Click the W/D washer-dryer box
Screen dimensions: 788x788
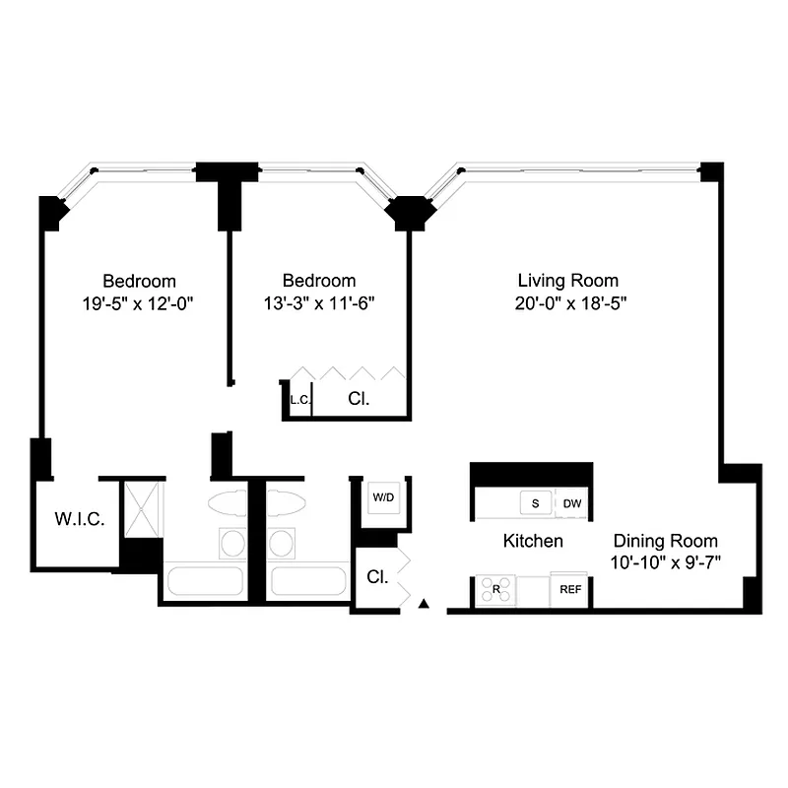pyautogui.click(x=382, y=498)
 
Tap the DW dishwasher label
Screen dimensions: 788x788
pyautogui.click(x=572, y=504)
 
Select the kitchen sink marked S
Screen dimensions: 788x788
pyautogui.click(x=536, y=504)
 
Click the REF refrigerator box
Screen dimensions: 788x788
pyautogui.click(x=570, y=589)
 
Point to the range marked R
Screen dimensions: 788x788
pyautogui.click(x=495, y=589)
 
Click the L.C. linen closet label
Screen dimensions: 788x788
pyautogui.click(x=298, y=400)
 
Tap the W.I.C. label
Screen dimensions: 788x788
pyautogui.click(x=79, y=519)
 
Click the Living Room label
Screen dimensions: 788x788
pyautogui.click(x=568, y=281)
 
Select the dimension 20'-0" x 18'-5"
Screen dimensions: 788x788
pyautogui.click(x=568, y=304)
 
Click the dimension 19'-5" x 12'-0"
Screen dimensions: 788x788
pyautogui.click(x=140, y=304)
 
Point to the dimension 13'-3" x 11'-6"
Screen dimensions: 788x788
pyautogui.click(x=318, y=304)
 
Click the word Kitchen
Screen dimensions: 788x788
pyautogui.click(x=533, y=541)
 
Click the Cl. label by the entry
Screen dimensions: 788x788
pyautogui.click(x=376, y=576)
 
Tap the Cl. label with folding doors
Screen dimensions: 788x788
pyautogui.click(x=358, y=400)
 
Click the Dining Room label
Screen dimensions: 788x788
pyautogui.click(x=666, y=541)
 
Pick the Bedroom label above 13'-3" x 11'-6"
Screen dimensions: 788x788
pyautogui.click(x=318, y=281)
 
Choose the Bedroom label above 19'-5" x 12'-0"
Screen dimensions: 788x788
pyautogui.click(x=140, y=281)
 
